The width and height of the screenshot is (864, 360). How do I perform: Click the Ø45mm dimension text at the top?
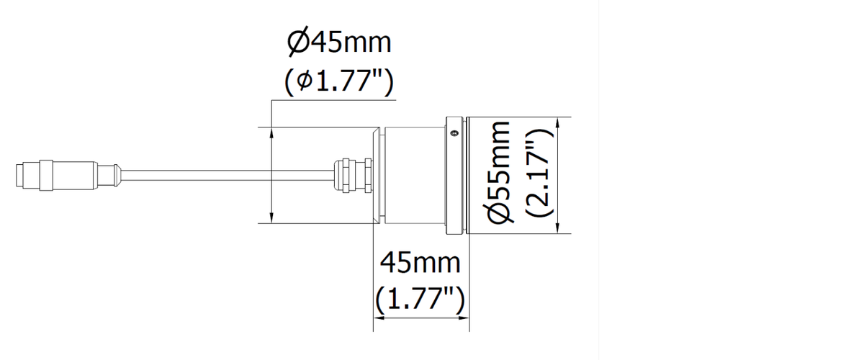pos(339,42)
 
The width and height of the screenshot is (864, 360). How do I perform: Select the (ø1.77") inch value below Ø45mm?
pos(339,82)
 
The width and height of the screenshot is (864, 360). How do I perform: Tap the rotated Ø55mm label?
pos(500,172)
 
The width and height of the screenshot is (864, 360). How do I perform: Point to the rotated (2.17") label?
pos(539,172)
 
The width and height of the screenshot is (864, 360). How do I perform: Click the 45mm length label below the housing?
pos(420,263)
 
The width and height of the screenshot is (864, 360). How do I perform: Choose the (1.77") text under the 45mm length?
pos(420,299)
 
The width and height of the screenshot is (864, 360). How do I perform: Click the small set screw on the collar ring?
pos(455,133)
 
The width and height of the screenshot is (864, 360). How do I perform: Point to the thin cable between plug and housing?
pos(228,175)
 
